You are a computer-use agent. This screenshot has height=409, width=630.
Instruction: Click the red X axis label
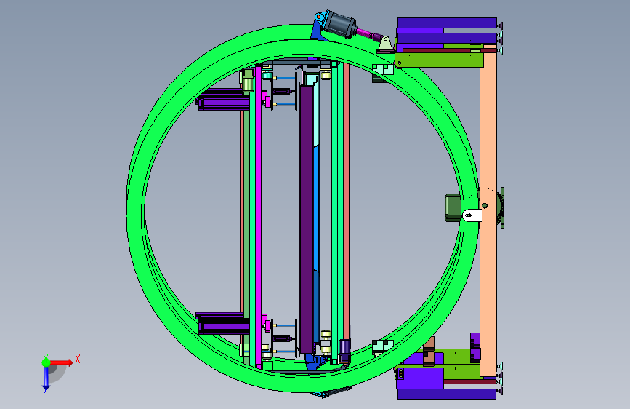coord(78,359)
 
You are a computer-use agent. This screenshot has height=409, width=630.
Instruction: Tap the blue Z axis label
coord(46,391)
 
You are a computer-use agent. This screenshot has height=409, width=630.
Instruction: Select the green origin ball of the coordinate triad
coord(47,362)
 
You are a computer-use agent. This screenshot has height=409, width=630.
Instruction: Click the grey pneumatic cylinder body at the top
coord(340,25)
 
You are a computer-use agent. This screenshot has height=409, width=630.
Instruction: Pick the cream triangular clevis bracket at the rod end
coord(386,44)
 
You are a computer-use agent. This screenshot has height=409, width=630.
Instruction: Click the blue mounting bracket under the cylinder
coord(318,28)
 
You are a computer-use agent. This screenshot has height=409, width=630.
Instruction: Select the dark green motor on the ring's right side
coord(453,207)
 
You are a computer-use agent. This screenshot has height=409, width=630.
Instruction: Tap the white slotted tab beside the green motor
coord(472,215)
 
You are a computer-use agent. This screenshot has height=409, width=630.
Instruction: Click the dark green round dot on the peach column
coord(485,206)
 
